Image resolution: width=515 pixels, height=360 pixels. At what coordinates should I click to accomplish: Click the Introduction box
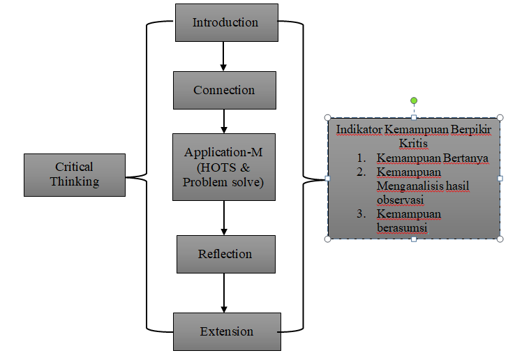click(225, 22)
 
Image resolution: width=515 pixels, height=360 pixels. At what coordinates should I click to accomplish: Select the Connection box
click(224, 90)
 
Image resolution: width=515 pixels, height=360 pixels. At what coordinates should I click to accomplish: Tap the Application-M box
click(224, 167)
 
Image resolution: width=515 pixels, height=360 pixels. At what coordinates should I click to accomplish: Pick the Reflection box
click(225, 253)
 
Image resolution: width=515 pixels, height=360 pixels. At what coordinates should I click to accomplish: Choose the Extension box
click(226, 331)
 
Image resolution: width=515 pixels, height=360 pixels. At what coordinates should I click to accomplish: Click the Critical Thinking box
click(74, 174)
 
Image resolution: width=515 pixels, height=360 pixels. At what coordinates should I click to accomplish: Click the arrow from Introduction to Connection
click(224, 56)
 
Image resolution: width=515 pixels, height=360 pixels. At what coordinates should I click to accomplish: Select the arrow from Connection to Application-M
click(224, 121)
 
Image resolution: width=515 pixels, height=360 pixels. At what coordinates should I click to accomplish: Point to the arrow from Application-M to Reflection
click(224, 218)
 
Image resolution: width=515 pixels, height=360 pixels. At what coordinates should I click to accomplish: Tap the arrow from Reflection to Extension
click(224, 292)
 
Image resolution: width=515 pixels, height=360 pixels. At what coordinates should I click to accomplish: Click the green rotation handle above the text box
click(414, 101)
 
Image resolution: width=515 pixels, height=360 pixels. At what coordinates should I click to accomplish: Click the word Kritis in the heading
click(413, 144)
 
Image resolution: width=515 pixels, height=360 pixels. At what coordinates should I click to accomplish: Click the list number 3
click(360, 214)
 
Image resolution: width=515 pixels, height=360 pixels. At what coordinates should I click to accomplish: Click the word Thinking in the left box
click(74, 181)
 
